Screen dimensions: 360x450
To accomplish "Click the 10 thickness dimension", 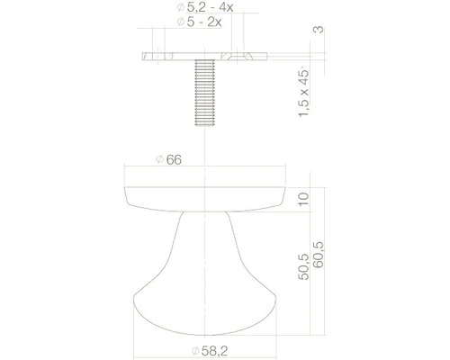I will tap(303, 199).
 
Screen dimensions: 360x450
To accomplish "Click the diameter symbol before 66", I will tap(158, 160).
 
